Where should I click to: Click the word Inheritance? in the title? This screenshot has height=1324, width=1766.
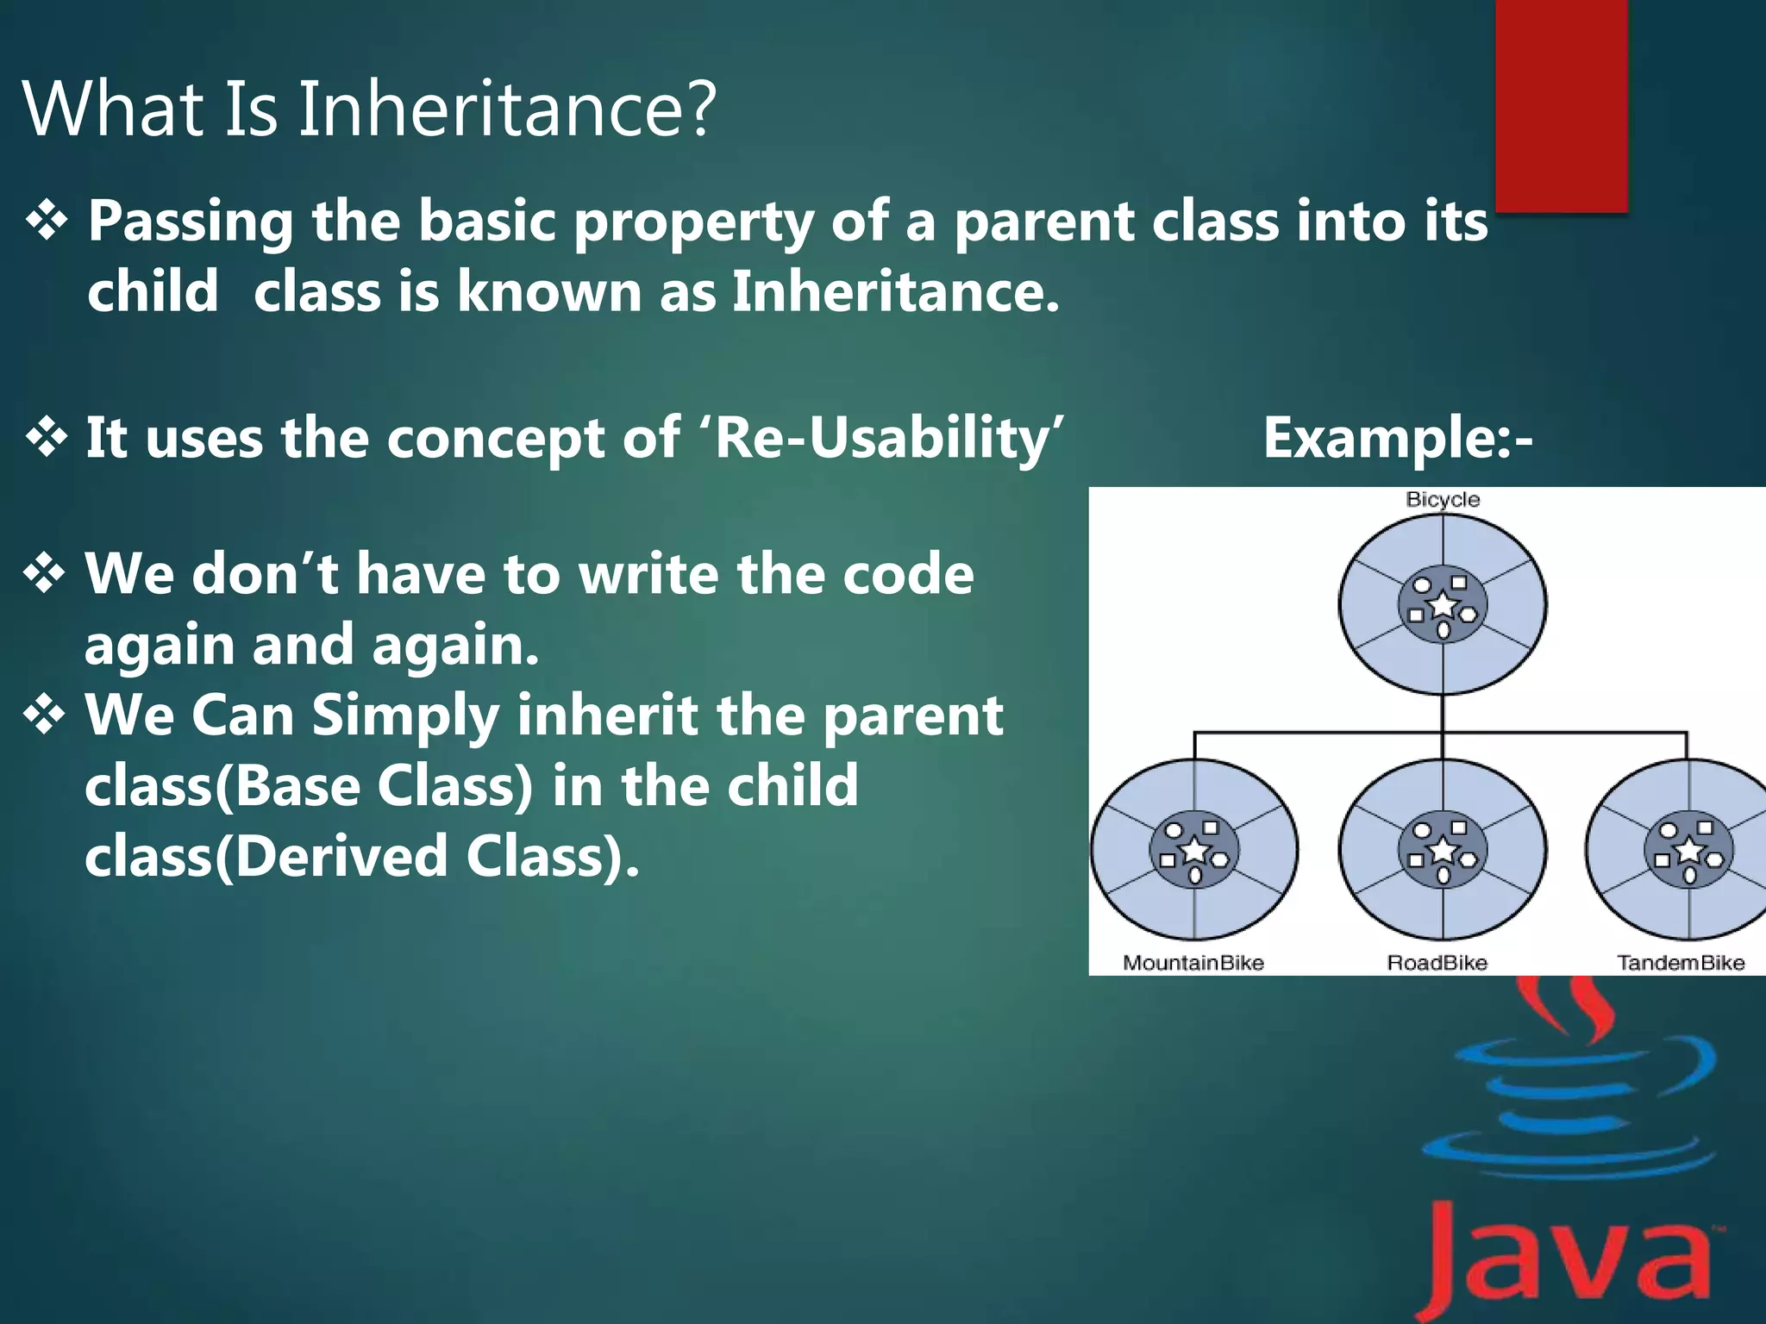click(507, 109)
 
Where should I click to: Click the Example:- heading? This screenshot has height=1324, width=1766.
click(1398, 438)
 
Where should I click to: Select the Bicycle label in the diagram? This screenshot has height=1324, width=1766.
click(1443, 499)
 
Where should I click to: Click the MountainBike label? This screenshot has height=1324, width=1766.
click(1193, 962)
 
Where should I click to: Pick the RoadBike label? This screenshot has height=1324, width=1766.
click(1437, 962)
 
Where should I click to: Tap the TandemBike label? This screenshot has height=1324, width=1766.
click(1681, 962)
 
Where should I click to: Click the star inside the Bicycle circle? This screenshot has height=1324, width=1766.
click(1443, 605)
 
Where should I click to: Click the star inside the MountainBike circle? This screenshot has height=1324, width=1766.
click(1195, 851)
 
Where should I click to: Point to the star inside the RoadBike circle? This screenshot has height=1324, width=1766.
click(1443, 851)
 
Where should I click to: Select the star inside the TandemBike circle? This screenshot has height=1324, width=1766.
click(1689, 851)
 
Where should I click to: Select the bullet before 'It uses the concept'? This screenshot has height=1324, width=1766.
click(47, 437)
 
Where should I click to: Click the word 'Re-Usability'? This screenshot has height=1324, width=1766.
click(888, 438)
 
